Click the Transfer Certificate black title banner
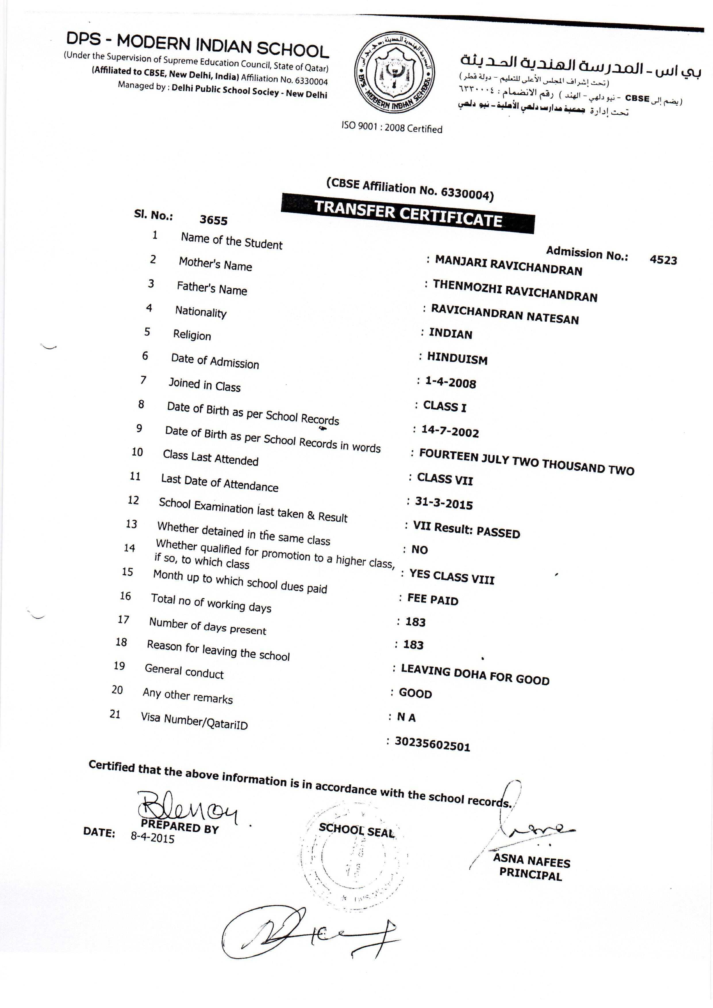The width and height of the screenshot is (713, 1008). tap(408, 213)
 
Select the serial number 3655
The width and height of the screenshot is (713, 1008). tap(213, 220)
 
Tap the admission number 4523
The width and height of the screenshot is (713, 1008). tap(663, 260)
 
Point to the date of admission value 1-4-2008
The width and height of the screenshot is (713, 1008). tap(450, 383)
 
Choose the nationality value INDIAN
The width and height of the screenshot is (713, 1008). tap(450, 334)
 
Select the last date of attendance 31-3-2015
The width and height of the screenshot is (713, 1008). tap(444, 503)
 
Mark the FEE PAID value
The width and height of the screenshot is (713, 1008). tap(433, 599)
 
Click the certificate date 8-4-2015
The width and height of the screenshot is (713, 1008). tap(152, 837)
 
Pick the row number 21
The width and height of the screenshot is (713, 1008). tap(115, 714)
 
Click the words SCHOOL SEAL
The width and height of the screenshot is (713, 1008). tap(356, 830)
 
